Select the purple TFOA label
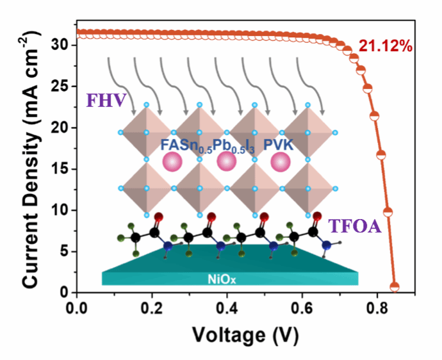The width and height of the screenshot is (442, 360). click(353, 225)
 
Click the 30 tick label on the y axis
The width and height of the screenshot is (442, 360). click(58, 45)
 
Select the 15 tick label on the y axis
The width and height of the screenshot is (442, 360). click(58, 169)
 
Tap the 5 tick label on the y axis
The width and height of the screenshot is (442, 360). click(62, 252)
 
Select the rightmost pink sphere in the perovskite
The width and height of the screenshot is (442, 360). click(279, 161)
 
